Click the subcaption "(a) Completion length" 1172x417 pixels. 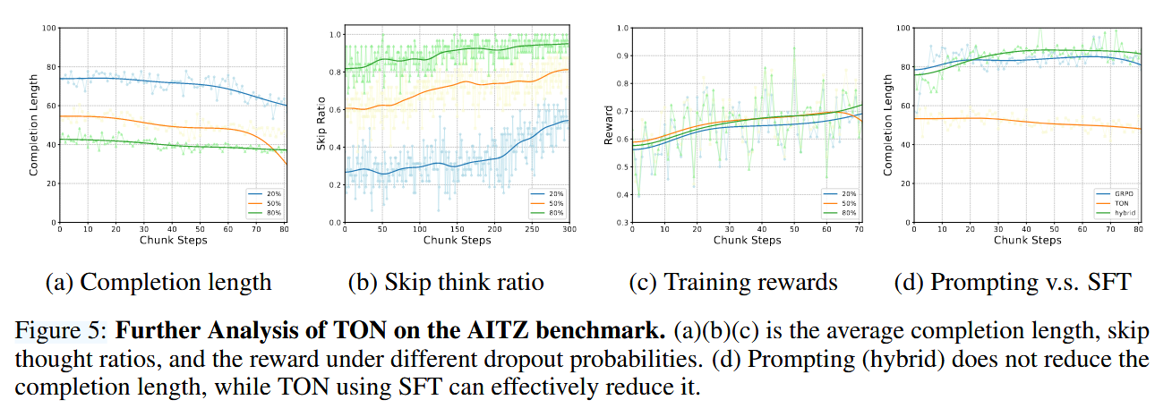[x=158, y=283]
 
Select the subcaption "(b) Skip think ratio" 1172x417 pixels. [x=446, y=283]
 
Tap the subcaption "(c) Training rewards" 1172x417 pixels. [x=733, y=283]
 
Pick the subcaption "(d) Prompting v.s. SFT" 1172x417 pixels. [x=1013, y=283]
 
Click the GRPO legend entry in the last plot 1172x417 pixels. [x=1121, y=192]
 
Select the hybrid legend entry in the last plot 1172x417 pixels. [x=1121, y=212]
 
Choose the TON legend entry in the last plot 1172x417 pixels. [x=1121, y=202]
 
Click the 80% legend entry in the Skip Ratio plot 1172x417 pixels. [x=552, y=212]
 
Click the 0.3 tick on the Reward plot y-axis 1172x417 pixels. [x=622, y=222]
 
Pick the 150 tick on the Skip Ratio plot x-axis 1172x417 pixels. [x=457, y=230]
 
